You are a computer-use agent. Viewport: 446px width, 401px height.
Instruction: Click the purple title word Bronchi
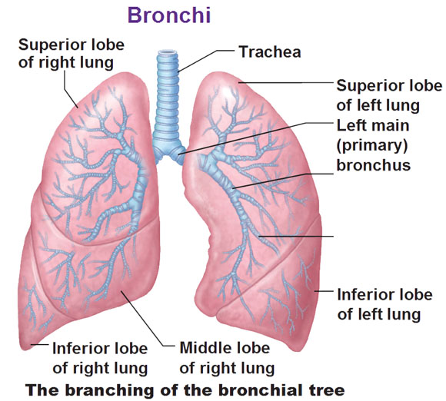point(169,15)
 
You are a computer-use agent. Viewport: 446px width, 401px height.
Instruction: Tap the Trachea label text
point(270,52)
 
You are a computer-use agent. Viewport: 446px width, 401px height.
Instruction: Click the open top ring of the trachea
point(168,52)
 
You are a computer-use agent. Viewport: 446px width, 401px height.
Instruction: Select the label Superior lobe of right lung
point(71,54)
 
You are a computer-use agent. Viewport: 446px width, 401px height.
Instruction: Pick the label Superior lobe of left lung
point(389,95)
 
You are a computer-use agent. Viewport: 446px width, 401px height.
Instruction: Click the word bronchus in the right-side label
point(374,165)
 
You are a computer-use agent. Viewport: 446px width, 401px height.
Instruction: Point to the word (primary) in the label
point(372,145)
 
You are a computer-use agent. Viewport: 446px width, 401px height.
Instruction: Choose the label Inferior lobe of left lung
point(384,305)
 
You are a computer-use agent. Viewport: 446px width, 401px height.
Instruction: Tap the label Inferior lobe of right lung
point(100,359)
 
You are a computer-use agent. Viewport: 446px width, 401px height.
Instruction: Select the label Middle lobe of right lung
point(227,359)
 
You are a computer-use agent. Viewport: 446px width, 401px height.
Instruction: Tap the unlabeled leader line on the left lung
point(296,236)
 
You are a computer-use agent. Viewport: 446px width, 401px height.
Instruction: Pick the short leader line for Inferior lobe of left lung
point(324,291)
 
